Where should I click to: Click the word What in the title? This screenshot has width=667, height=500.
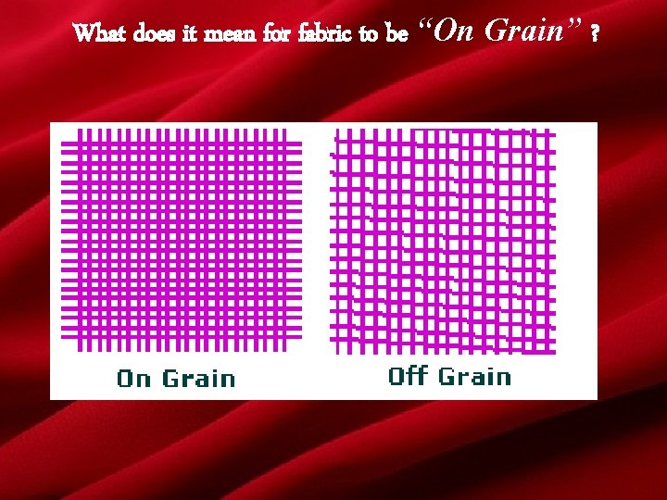(100, 34)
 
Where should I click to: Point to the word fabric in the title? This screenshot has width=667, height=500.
(327, 34)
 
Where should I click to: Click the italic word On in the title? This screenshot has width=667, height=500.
(454, 31)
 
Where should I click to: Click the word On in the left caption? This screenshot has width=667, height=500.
(133, 378)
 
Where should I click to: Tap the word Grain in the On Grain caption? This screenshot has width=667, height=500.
(198, 378)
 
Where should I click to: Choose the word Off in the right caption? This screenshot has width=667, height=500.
(408, 376)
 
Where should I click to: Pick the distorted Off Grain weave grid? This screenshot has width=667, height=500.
(443, 241)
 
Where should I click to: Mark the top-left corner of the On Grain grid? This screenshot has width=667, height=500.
(63, 131)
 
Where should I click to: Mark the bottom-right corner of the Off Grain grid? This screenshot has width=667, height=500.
(554, 353)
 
